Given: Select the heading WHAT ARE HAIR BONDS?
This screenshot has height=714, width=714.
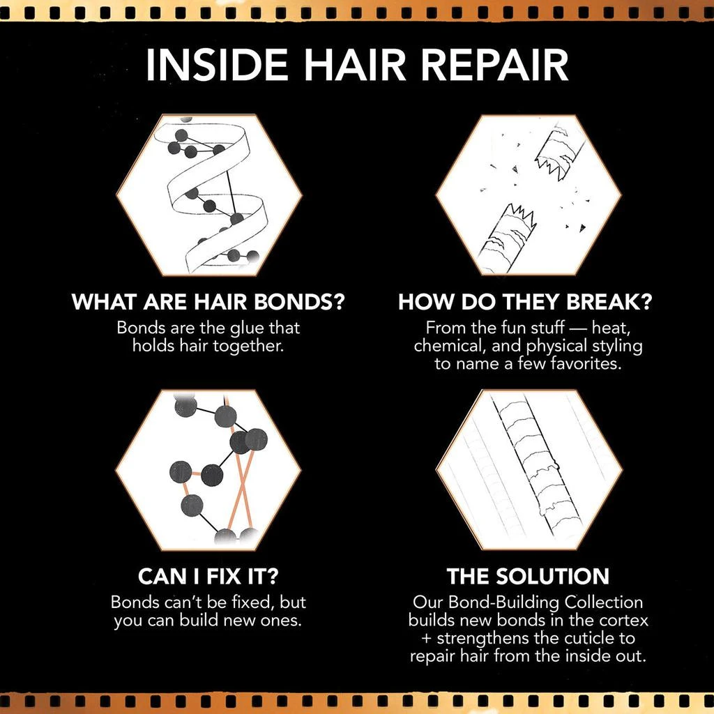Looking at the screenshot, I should coord(210,303).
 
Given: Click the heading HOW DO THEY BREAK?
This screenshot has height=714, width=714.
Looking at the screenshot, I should coord(528,303).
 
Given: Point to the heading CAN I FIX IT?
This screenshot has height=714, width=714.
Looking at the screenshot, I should coord(208,577).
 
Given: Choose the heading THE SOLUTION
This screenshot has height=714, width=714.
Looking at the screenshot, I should coord(528,577).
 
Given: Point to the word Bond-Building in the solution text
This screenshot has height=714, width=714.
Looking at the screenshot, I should coord(514,601).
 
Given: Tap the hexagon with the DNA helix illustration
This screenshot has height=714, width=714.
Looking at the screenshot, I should coord(209,195).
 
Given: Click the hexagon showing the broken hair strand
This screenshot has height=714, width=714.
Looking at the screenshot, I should coord(528,195).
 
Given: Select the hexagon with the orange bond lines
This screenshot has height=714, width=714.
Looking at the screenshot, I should coord(209,469).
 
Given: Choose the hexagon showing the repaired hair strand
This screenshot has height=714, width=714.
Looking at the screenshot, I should coord(528,469).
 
